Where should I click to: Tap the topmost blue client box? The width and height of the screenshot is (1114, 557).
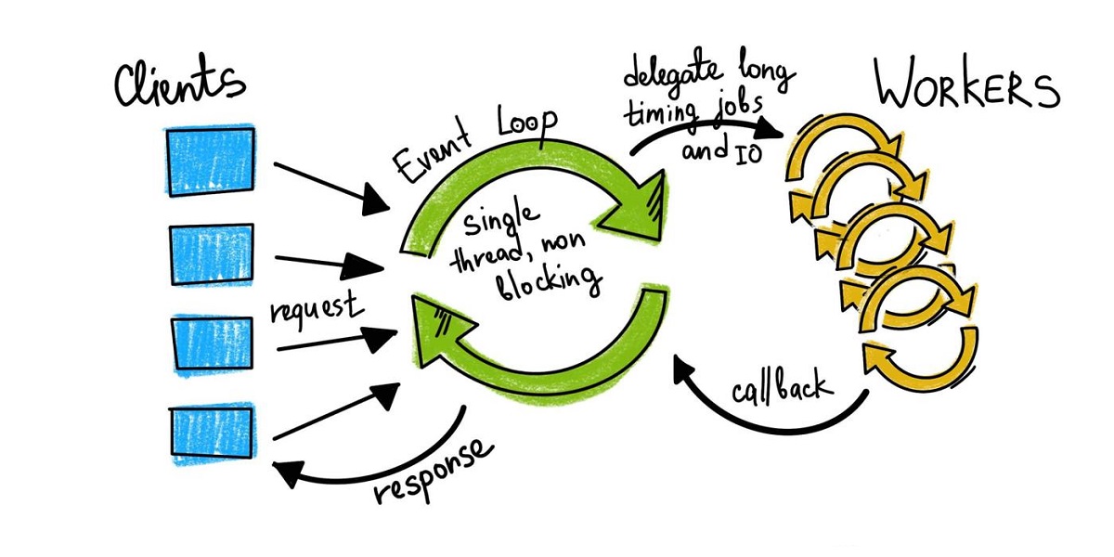[x=211, y=161]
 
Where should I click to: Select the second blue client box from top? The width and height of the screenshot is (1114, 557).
[x=212, y=253]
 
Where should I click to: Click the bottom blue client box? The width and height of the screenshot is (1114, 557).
[x=212, y=434]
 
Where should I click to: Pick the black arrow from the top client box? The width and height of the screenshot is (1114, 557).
[x=329, y=185]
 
